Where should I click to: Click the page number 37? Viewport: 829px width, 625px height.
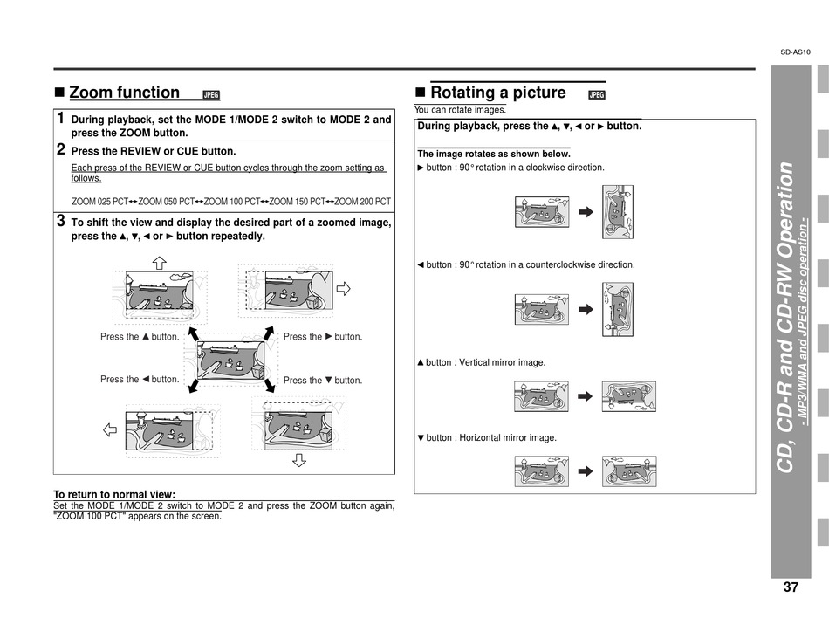pos(791,587)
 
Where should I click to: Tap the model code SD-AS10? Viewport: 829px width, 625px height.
pos(795,52)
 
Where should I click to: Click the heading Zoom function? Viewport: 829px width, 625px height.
pos(124,93)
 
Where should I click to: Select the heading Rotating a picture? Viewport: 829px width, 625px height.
pos(497,93)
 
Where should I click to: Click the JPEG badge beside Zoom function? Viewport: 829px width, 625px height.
pos(210,95)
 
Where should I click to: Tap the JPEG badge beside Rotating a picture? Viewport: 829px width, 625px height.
pos(597,95)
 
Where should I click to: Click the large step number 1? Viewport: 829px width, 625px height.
pos(60,118)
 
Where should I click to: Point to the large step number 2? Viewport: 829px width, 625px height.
pos(60,149)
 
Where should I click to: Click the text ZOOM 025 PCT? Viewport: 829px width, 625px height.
pos(99,201)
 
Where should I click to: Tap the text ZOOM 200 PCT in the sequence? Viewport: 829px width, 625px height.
pos(363,201)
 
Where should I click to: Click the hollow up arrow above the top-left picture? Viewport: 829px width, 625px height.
pos(159,262)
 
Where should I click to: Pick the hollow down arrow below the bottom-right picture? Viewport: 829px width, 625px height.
pos(299,459)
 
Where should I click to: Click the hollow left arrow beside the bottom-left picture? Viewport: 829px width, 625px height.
pos(111,429)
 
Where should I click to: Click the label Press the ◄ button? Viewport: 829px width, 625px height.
pos(140,380)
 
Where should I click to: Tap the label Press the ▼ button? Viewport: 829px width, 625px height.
pos(323,381)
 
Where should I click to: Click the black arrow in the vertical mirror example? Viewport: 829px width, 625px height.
pos(585,396)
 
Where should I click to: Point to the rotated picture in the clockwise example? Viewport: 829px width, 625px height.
pos(617,212)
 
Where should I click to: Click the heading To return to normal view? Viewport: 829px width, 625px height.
pos(114,494)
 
